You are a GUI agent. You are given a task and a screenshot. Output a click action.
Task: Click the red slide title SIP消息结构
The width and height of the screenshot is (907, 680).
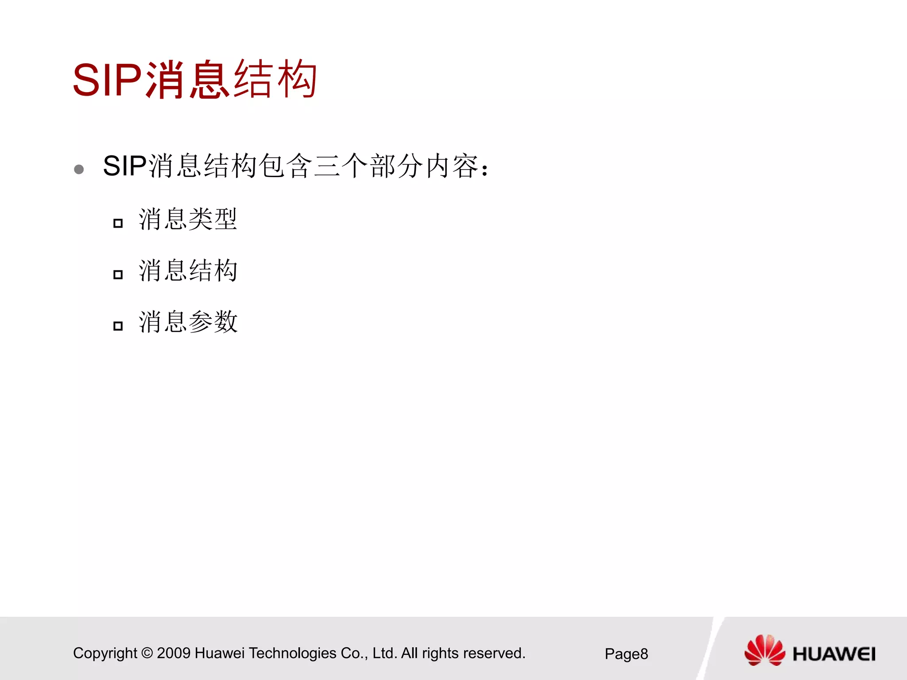pos(195,80)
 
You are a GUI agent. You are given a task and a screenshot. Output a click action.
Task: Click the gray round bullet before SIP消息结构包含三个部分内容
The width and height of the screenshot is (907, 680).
pos(79,169)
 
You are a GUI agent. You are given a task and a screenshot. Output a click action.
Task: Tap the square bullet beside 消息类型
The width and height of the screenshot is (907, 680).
pos(118,223)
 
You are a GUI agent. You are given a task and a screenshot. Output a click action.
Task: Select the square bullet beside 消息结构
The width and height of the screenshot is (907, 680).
pos(118,274)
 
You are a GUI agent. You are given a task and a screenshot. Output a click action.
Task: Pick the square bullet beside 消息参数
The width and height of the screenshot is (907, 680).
pos(118,326)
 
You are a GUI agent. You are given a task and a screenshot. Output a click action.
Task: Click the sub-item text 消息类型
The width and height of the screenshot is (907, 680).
pos(188,220)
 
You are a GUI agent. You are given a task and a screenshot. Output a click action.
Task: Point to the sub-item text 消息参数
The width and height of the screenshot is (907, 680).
pos(188,322)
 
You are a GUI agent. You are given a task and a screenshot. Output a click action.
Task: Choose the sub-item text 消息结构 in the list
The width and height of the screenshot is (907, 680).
pos(188,270)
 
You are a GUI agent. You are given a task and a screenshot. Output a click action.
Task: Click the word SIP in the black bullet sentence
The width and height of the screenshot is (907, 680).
pos(124,166)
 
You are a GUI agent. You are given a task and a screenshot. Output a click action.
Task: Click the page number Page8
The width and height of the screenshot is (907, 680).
pos(626,654)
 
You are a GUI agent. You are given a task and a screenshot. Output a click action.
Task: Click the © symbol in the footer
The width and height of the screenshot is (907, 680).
pos(147,653)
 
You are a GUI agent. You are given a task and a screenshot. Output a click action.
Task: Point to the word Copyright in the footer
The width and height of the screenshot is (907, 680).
pos(105,653)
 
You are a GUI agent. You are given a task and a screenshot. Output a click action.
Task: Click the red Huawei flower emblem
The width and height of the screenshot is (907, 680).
pos(764,650)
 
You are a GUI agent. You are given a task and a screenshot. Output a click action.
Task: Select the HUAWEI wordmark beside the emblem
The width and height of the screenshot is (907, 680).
pos(834,654)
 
